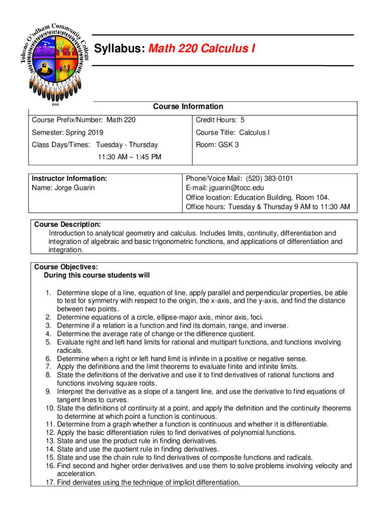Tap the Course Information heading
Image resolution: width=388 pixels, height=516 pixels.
pos(188,106)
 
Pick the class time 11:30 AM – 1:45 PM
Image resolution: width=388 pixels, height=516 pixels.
pos(130,157)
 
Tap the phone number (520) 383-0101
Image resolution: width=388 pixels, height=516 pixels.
pos(270,178)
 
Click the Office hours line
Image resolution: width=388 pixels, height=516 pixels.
pos(268,207)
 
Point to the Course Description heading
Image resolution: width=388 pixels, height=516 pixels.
pos(67,224)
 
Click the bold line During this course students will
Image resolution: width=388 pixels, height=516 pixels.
pos(97,275)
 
